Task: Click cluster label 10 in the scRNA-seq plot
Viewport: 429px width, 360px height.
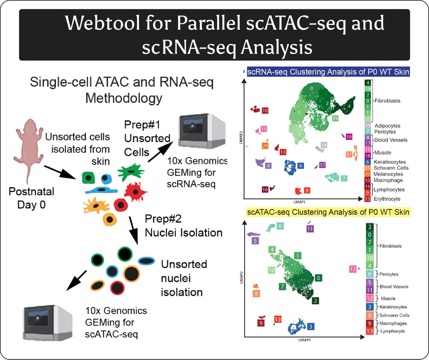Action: point(265,111)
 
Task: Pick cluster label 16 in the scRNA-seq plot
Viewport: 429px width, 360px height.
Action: point(265,190)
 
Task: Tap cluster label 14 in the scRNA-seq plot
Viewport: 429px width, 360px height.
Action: point(324,145)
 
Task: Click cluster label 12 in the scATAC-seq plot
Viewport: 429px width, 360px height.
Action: point(352,269)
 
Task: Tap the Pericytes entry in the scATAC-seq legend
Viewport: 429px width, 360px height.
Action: point(389,274)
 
